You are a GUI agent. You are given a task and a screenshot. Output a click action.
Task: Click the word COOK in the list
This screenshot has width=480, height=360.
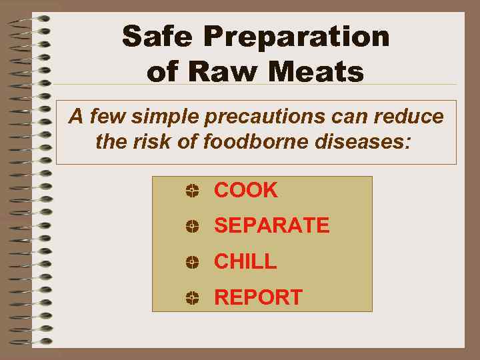point(245,190)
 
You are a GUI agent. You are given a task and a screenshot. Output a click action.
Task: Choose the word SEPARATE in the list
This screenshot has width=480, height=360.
point(271,226)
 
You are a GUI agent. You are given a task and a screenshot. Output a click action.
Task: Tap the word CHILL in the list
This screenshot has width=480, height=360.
point(245,262)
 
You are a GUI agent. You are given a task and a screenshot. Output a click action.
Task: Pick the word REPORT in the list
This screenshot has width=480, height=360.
point(258,297)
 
